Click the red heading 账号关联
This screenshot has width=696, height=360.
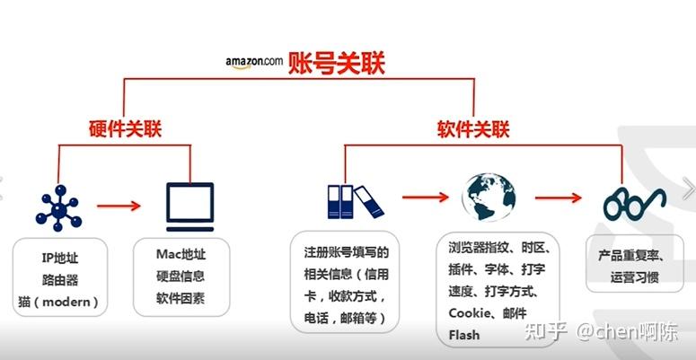tap(336, 63)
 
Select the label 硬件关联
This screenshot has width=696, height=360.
tap(125, 127)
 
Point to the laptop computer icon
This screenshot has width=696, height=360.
tap(189, 206)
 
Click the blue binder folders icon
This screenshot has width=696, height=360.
tap(348, 201)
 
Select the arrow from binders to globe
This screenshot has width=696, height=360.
tap(425, 195)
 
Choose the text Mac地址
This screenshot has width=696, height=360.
tap(181, 255)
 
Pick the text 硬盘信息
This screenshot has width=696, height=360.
tap(181, 277)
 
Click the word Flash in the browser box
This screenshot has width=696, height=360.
tap(464, 335)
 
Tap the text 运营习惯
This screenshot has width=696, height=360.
tap(633, 277)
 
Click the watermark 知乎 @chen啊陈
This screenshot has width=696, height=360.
tap(608, 331)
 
